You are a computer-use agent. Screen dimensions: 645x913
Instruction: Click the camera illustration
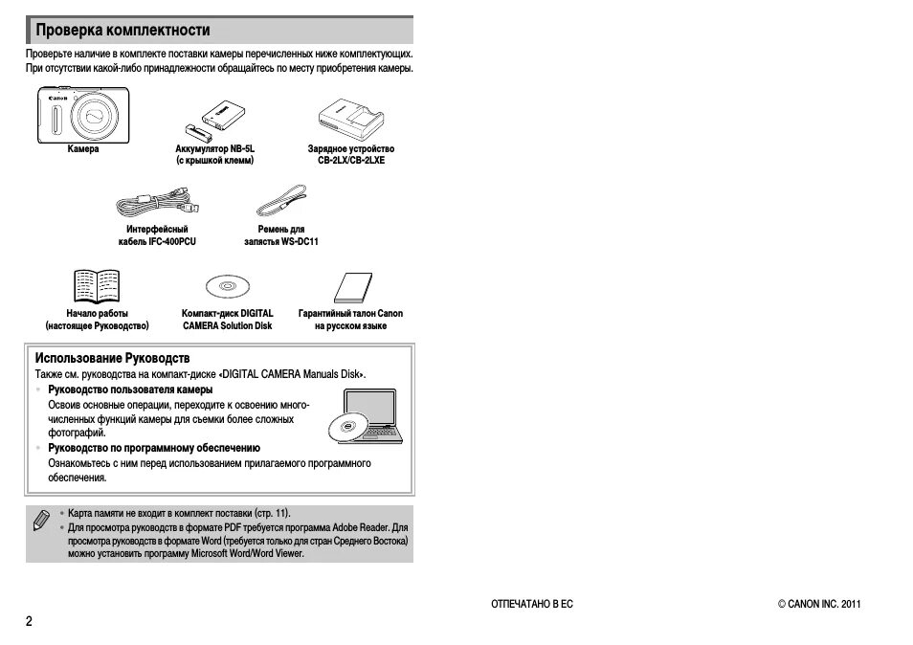tap(83, 116)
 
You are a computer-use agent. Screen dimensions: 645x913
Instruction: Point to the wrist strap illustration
tap(281, 202)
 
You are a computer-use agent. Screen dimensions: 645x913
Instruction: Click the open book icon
tap(97, 286)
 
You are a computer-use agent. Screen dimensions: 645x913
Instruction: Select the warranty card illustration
tap(351, 287)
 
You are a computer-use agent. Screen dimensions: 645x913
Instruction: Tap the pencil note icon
tap(41, 522)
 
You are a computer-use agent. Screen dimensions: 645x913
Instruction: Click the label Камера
tap(83, 149)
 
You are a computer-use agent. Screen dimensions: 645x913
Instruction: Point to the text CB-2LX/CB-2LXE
tap(350, 162)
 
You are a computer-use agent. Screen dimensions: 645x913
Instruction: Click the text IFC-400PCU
tap(173, 242)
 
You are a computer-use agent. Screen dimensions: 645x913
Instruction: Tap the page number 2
tap(29, 621)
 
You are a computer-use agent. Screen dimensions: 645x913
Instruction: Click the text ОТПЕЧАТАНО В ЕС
tap(531, 604)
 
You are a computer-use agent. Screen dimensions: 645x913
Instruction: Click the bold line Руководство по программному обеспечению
tap(154, 448)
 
